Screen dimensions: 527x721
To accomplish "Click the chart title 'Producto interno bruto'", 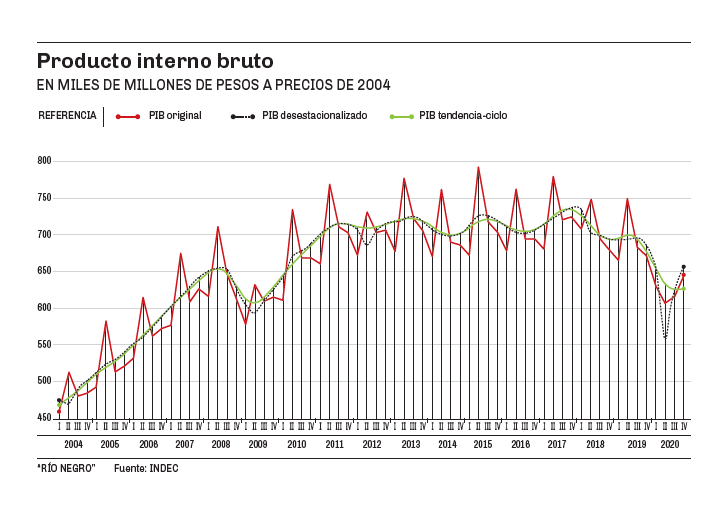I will (155, 61).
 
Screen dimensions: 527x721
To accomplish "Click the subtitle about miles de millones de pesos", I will (213, 84).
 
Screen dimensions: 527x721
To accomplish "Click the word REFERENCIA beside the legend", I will (67, 116).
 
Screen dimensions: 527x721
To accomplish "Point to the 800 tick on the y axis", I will (44, 161).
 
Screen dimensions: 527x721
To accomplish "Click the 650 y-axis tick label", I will (44, 271).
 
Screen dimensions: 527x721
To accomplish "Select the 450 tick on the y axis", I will (44, 418).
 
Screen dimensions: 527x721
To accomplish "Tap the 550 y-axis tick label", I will (44, 345).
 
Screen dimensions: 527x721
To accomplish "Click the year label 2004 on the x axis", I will (73, 444).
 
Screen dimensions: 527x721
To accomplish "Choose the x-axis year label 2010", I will (297, 444).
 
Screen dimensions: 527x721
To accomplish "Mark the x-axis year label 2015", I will (483, 444).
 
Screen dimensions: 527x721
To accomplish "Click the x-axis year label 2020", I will (669, 444).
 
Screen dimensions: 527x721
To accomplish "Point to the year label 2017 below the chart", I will (557, 444).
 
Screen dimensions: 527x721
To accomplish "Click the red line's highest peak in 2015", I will (478, 168).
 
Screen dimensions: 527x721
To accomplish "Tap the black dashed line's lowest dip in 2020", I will (665, 338).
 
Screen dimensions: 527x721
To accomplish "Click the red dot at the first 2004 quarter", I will (59, 411).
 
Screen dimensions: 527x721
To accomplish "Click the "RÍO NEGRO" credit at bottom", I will (66, 468).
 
